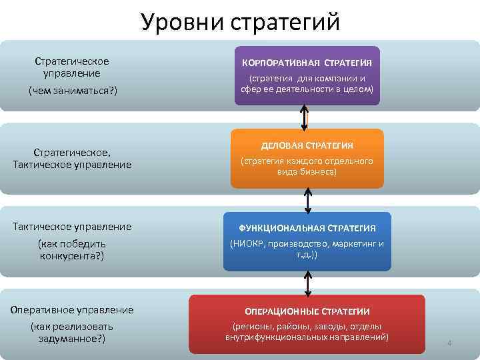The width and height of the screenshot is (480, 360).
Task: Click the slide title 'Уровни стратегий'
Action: point(240,21)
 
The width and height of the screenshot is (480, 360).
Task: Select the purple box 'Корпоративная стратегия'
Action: point(307,76)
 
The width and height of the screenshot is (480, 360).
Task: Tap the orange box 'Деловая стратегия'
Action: point(307,158)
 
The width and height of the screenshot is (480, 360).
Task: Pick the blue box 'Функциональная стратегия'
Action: point(307,241)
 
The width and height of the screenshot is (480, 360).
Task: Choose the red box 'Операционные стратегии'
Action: point(307,324)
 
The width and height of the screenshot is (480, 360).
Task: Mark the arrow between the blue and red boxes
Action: point(308,283)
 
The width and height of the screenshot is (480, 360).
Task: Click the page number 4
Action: point(449,343)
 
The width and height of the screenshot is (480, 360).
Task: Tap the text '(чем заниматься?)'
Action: point(72,90)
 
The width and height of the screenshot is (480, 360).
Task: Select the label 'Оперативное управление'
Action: point(72,309)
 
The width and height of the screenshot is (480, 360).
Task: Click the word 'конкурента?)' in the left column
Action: point(72,255)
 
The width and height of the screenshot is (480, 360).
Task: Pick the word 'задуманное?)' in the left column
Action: point(72,338)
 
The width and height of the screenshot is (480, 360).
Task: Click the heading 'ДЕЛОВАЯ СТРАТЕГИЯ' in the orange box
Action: point(307,145)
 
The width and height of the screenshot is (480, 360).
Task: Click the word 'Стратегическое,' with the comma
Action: point(72,153)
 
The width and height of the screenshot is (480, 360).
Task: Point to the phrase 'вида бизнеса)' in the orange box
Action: point(307,171)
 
